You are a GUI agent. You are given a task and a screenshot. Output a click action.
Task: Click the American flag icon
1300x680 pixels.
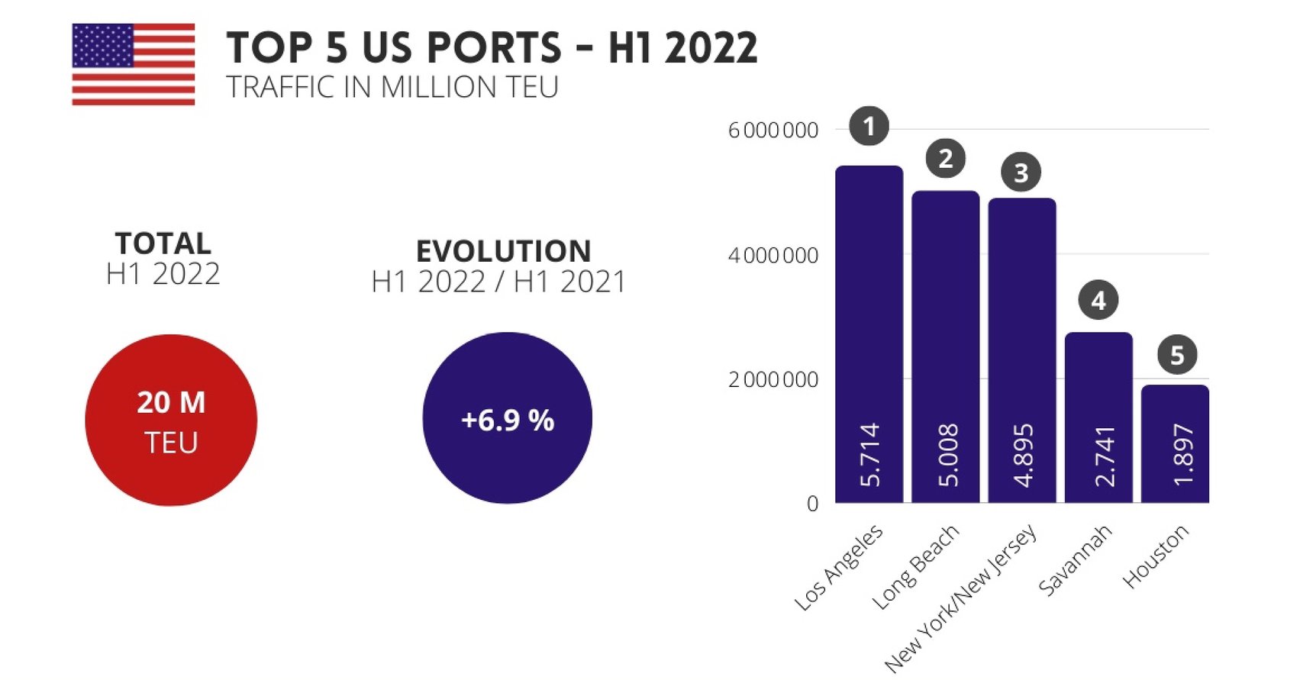pyautogui.click(x=133, y=64)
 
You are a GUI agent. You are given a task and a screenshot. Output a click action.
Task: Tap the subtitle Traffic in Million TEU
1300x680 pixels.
pyautogui.click(x=392, y=88)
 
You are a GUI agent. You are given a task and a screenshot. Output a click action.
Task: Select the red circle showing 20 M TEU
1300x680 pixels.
pyautogui.click(x=171, y=420)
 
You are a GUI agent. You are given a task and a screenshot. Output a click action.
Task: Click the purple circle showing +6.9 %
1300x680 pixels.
pyautogui.click(x=507, y=417)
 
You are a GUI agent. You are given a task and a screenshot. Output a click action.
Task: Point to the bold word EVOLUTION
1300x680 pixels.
pyautogui.click(x=503, y=251)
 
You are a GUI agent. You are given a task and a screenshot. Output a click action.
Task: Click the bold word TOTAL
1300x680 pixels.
pyautogui.click(x=163, y=243)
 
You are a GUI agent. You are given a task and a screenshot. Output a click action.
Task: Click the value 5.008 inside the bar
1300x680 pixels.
pyautogui.click(x=947, y=455)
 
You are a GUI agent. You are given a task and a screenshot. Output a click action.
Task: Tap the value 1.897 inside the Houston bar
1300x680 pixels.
pyautogui.click(x=1182, y=455)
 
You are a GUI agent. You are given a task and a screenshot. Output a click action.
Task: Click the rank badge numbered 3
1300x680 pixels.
pyautogui.click(x=1021, y=172)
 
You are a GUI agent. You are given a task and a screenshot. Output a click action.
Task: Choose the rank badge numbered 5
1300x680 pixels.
pyautogui.click(x=1176, y=355)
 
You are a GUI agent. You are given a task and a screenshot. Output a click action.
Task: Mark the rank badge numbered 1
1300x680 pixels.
pyautogui.click(x=869, y=126)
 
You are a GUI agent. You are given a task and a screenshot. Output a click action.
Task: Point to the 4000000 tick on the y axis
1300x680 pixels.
pyautogui.click(x=773, y=255)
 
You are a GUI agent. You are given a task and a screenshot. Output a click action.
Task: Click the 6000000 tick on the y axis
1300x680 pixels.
pyautogui.click(x=773, y=131)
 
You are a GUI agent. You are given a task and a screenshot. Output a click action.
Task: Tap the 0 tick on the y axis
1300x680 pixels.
pyautogui.click(x=812, y=504)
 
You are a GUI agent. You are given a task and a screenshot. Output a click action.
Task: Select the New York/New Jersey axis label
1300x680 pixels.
pyautogui.click(x=962, y=598)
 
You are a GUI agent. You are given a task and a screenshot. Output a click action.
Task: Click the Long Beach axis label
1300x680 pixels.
pyautogui.click(x=915, y=567)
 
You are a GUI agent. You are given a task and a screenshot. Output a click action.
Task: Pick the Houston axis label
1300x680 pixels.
pyautogui.click(x=1156, y=556)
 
